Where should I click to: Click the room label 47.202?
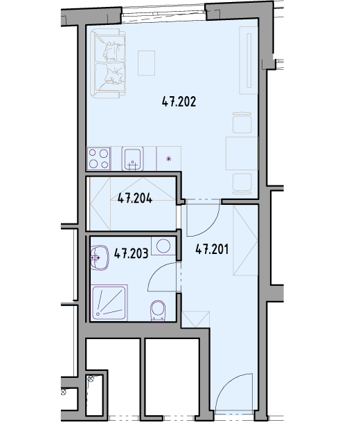coord(179,102)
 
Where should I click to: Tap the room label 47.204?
coord(135,199)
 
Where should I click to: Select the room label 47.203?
coord(132,253)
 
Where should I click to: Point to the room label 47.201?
coord(212,249)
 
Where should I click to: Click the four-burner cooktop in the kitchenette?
coord(99,158)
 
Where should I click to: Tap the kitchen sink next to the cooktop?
coord(133,158)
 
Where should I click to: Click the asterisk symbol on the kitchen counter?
coord(169,158)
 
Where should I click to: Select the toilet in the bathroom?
coord(158,311)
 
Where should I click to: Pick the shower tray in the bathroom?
coord(109,302)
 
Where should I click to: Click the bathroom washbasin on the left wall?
coord(99,257)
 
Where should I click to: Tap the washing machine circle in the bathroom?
coord(163,246)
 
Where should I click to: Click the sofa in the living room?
coord(109,64)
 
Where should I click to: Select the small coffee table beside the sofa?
coord(146,63)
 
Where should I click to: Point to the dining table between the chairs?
coord(242,153)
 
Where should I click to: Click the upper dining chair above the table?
coord(242,122)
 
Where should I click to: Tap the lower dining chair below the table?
coord(242,184)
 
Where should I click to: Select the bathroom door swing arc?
coord(156,271)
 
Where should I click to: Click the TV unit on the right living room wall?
coord(249,60)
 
